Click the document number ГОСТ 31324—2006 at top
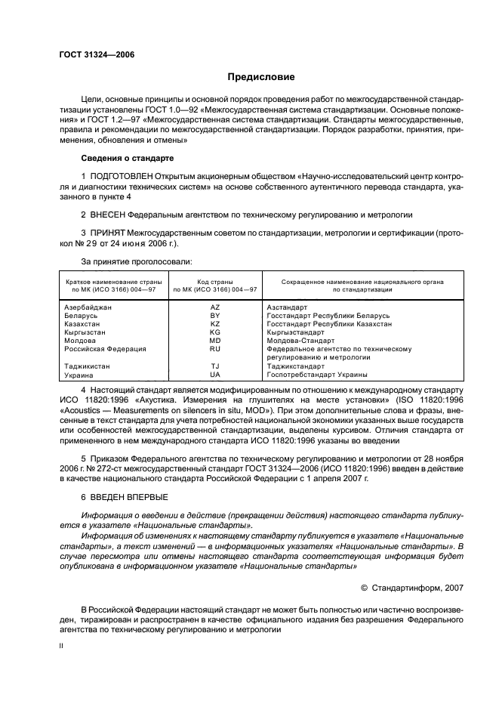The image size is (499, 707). (91, 54)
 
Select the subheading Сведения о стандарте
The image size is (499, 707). (127, 159)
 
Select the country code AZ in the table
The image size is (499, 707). (215, 307)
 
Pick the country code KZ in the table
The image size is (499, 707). (215, 324)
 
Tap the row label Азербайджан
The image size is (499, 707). (88, 307)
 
